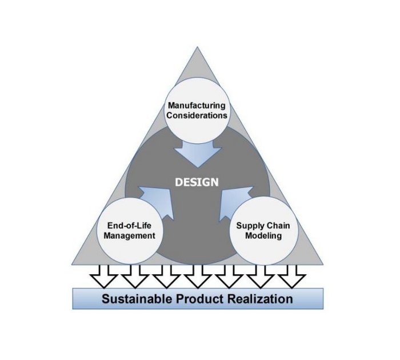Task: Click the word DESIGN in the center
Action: [197, 182]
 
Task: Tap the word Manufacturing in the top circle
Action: [197, 106]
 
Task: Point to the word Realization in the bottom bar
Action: [261, 299]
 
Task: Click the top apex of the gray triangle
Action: [198, 48]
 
